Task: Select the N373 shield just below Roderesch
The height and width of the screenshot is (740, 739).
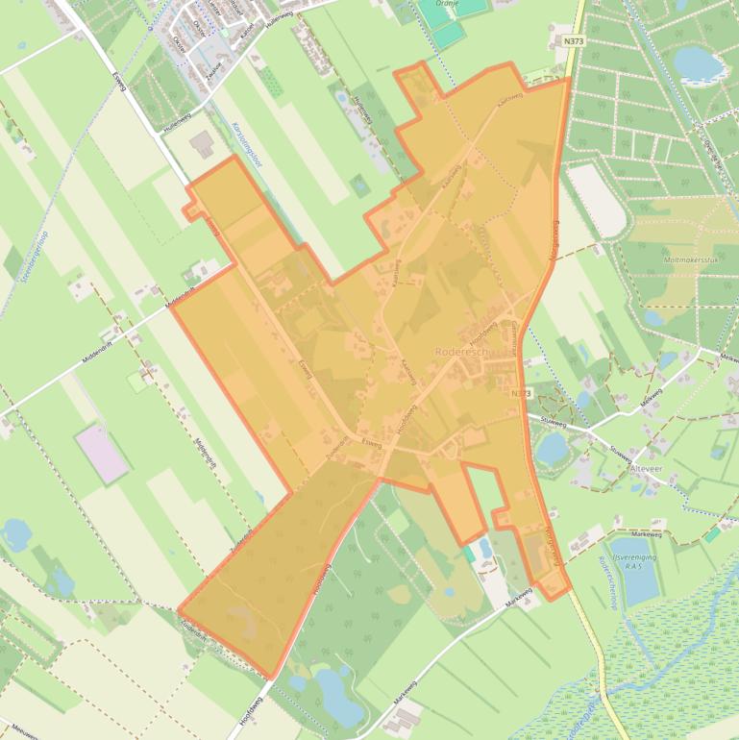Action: click(x=520, y=393)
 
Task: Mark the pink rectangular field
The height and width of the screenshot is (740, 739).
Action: click(x=102, y=454)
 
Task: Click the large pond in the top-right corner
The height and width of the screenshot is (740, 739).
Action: click(x=699, y=62)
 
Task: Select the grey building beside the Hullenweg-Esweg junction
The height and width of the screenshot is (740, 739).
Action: click(x=203, y=146)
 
